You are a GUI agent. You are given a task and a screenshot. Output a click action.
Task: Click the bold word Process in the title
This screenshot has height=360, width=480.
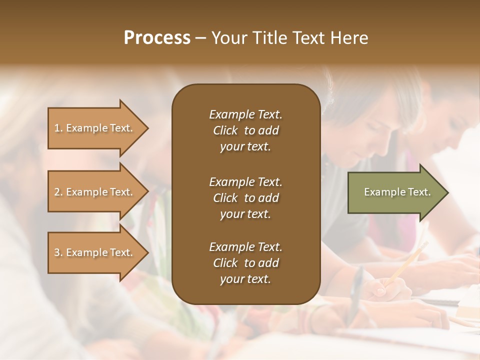tap(157, 38)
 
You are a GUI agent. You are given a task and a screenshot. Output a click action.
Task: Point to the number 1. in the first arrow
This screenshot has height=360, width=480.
tap(58, 128)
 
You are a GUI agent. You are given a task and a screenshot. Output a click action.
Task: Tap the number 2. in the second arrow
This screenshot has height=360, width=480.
tap(58, 192)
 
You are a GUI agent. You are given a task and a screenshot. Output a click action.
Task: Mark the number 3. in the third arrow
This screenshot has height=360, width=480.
tap(58, 252)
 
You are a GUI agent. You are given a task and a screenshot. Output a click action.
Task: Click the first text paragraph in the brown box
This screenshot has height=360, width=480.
tap(245, 130)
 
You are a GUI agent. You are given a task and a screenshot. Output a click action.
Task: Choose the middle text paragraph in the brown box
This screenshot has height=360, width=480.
tap(245, 198)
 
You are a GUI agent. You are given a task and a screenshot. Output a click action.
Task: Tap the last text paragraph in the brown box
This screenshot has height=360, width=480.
tap(245, 263)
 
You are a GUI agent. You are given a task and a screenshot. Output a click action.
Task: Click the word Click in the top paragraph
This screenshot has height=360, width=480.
tap(225, 130)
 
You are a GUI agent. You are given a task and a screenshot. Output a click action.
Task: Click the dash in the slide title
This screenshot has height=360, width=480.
tap(201, 38)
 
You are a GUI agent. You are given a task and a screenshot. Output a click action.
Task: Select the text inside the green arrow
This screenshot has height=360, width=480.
tap(397, 192)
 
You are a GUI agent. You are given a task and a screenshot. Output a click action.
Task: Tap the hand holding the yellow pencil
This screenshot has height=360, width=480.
tap(382, 290)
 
